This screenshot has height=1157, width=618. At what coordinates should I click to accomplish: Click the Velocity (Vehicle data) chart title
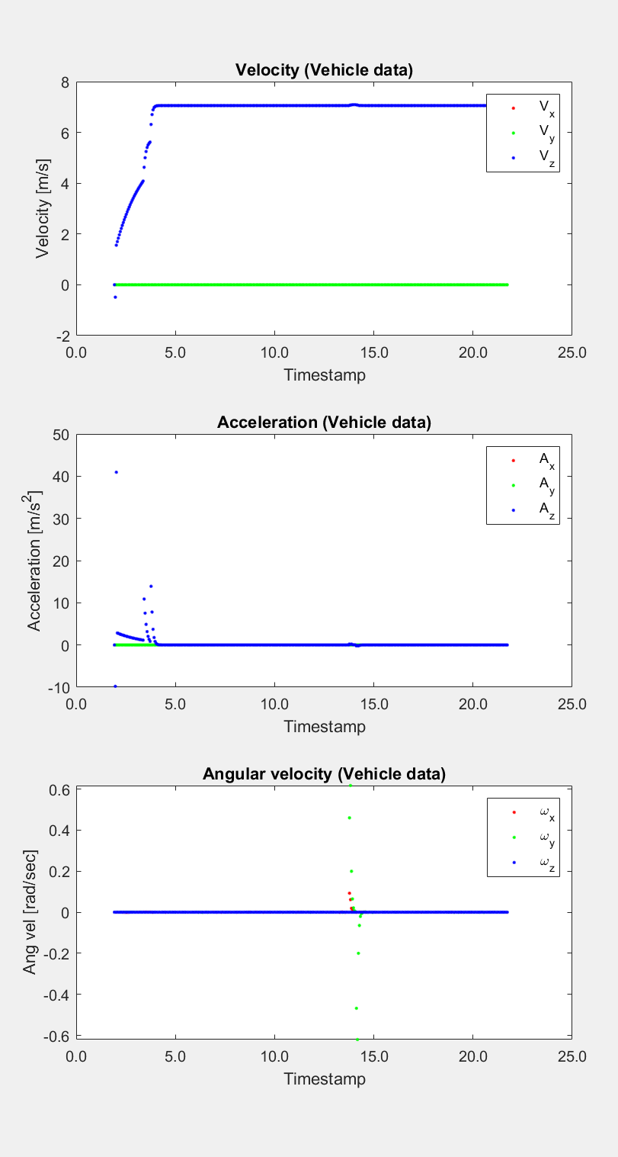click(324, 71)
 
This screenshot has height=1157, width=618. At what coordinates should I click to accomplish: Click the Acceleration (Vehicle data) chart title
click(324, 422)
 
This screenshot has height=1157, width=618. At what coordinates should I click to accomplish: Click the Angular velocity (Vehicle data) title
click(324, 774)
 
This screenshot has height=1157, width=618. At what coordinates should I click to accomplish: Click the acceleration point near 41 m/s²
click(116, 472)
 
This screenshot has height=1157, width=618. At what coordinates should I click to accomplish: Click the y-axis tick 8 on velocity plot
click(66, 82)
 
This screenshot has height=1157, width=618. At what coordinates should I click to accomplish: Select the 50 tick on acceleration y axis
click(62, 435)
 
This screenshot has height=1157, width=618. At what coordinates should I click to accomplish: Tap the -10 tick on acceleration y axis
click(59, 687)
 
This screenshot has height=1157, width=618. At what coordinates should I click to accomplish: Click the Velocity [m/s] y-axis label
click(43, 208)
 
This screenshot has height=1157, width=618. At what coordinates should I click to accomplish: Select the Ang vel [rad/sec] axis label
click(30, 911)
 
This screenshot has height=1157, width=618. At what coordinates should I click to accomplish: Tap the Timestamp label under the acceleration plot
click(324, 726)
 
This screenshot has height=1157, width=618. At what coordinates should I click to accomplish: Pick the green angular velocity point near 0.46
click(349, 818)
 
